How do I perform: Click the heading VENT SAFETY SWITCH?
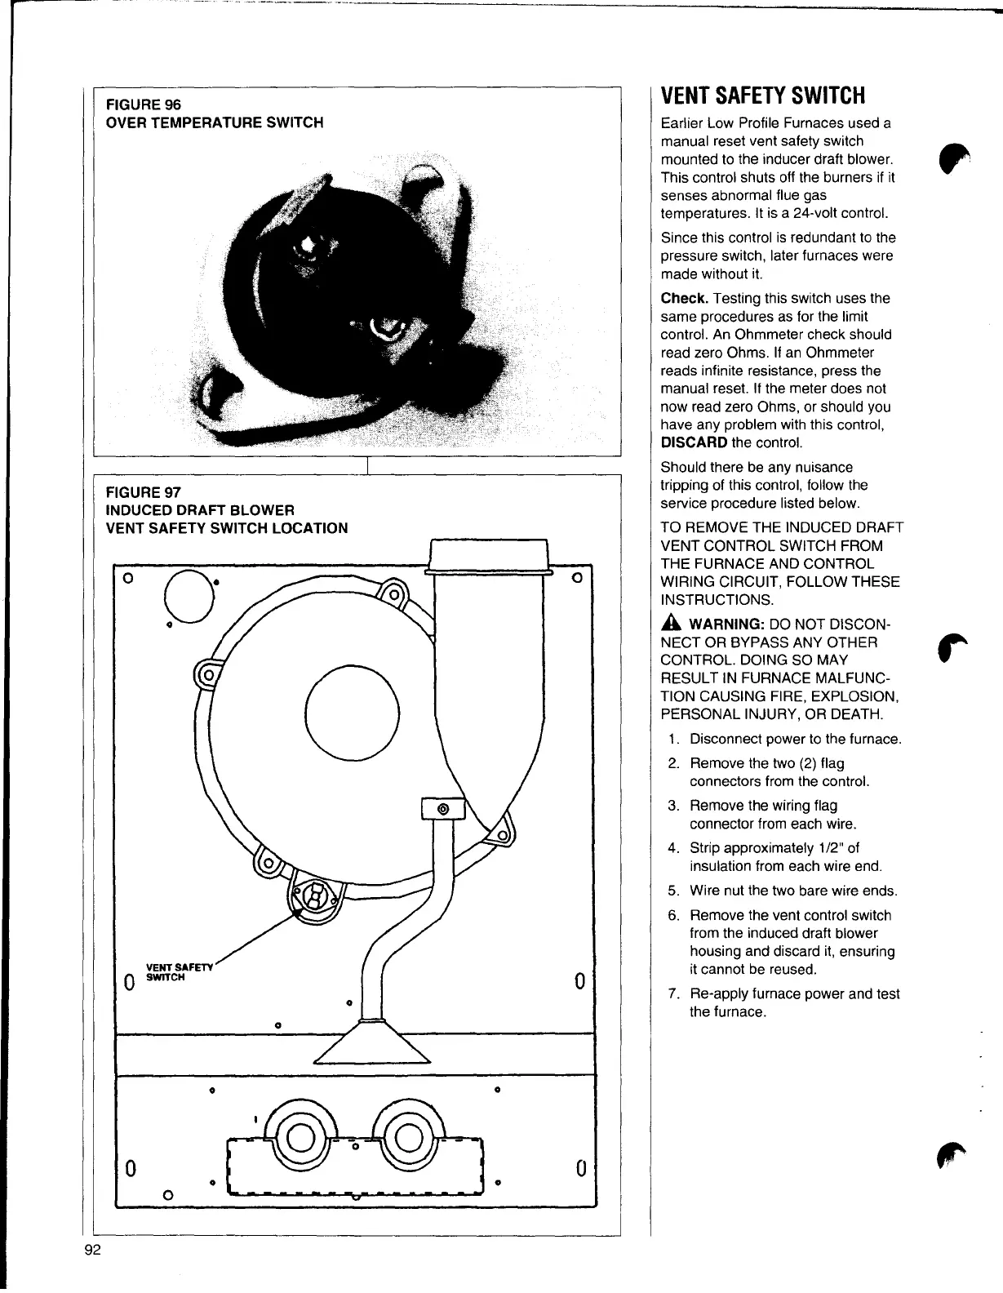(x=762, y=96)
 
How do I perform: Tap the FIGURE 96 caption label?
(x=144, y=104)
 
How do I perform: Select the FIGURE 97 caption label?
(x=144, y=492)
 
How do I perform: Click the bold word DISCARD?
(x=694, y=442)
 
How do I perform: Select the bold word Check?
(x=684, y=299)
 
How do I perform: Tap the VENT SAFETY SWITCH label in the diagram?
(x=178, y=972)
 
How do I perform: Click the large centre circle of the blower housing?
(x=353, y=713)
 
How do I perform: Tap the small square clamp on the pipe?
(x=442, y=809)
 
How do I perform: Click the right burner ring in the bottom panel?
(x=407, y=1137)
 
